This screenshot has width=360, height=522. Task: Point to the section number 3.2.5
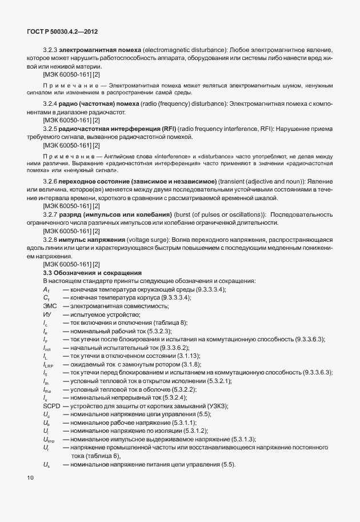coord(50,130)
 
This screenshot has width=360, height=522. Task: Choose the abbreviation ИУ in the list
coord(47,314)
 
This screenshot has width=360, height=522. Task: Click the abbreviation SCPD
coord(52,405)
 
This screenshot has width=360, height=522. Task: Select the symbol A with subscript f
coord(46,290)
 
